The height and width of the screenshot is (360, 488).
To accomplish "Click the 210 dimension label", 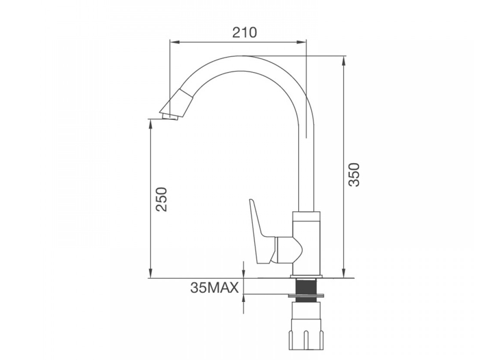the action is pos(245,32).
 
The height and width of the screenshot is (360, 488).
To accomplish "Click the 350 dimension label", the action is pos(354,174).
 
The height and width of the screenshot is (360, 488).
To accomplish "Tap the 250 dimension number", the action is pos(162,200).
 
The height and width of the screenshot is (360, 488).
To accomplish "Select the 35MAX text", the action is pos(215,288).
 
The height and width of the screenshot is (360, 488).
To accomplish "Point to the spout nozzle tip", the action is pos(170,117).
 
